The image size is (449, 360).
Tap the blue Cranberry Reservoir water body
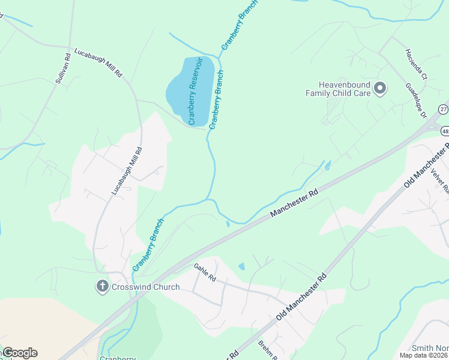(x=180, y=90)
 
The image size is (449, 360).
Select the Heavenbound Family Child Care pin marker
(x=379, y=89)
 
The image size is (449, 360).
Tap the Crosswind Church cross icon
(x=103, y=287)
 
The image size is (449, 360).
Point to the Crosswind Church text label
(x=145, y=287)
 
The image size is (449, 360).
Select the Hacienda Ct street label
(x=415, y=64)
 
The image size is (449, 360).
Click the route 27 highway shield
(x=443, y=109)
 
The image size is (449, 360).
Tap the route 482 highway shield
(x=445, y=130)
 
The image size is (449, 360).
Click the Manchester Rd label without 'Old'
(x=294, y=205)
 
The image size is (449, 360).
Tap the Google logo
(x=20, y=353)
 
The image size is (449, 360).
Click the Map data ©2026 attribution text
(x=424, y=355)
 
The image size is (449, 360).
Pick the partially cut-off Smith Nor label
(x=430, y=348)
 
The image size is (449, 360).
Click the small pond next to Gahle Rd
(x=241, y=266)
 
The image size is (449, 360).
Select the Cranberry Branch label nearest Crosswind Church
(x=148, y=245)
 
